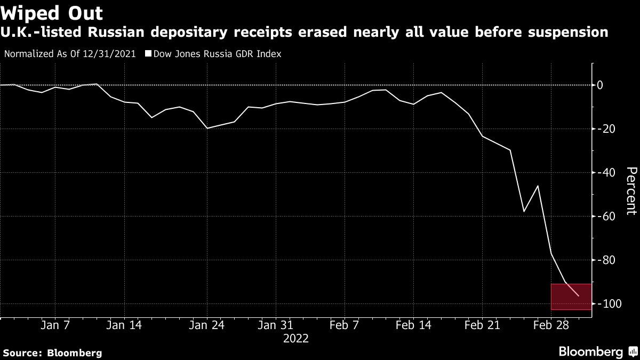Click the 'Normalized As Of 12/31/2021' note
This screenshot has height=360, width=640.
click(x=69, y=53)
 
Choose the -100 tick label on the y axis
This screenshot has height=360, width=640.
click(x=609, y=303)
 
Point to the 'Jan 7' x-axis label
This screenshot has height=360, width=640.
click(x=55, y=324)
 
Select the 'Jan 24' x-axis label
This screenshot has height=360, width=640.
click(x=207, y=324)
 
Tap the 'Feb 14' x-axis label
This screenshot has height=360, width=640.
click(x=413, y=324)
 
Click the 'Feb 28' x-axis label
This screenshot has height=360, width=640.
click(x=550, y=324)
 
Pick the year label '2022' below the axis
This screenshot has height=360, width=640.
click(x=295, y=338)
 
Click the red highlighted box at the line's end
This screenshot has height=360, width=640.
click(x=571, y=297)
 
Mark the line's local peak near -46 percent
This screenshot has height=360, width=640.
click(x=538, y=186)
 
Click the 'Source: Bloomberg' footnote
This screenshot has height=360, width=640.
click(x=52, y=353)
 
